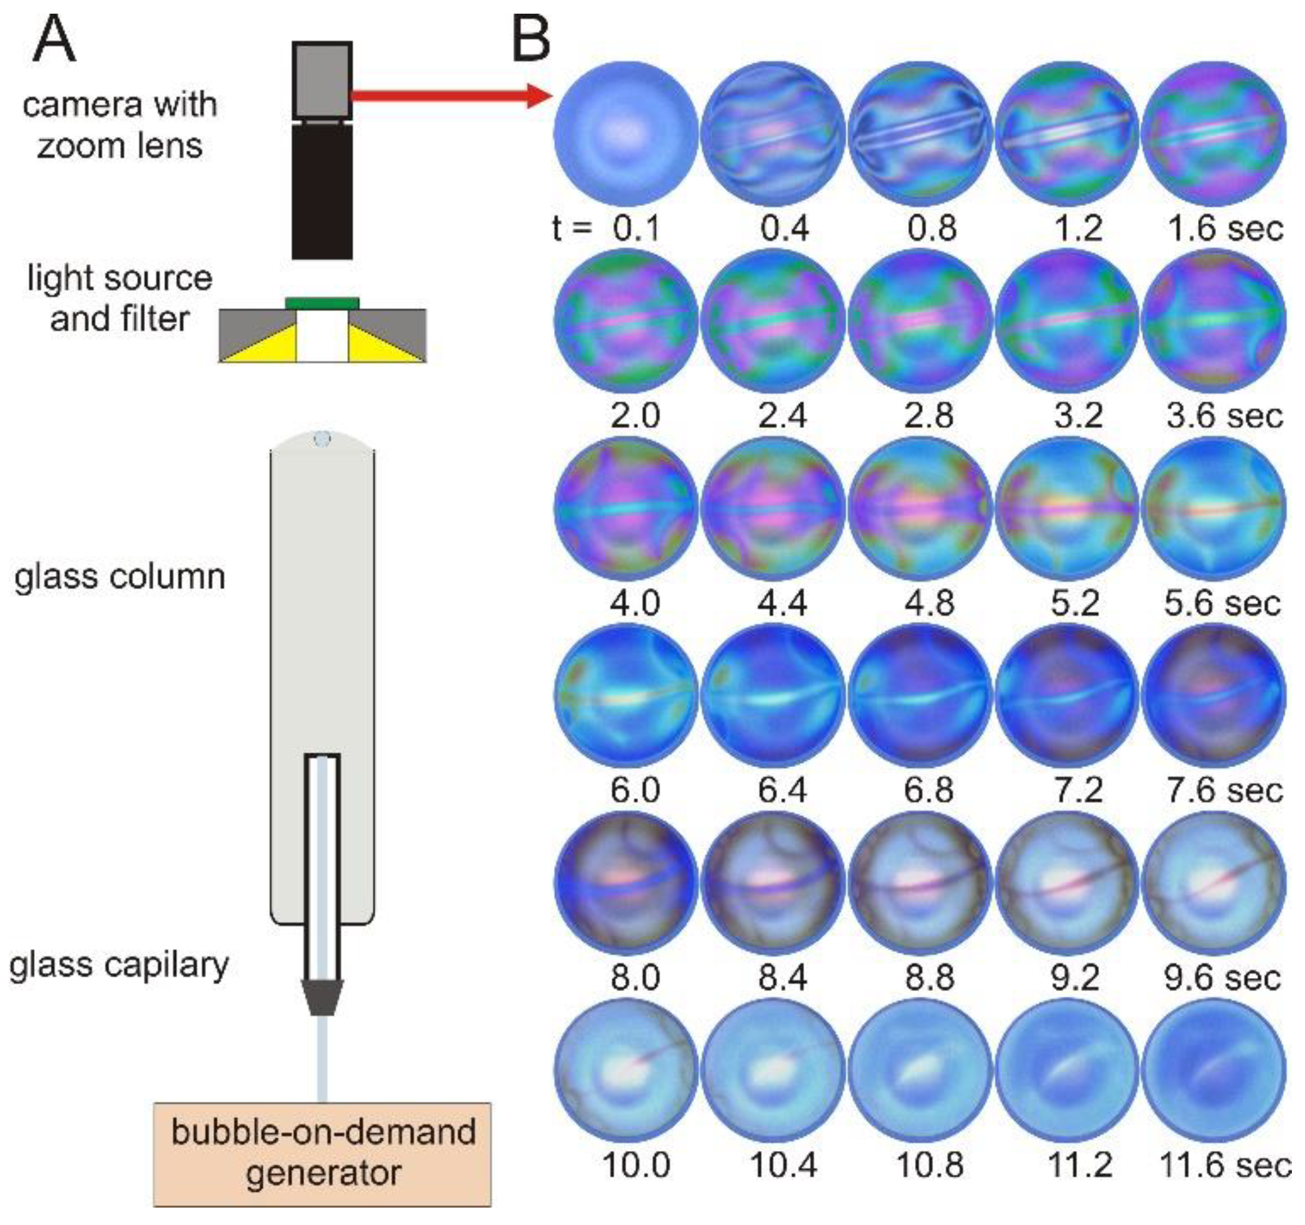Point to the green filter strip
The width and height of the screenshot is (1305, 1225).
(322, 302)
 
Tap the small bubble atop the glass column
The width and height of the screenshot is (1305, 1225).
(322, 438)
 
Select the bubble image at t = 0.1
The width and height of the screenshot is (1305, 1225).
(626, 134)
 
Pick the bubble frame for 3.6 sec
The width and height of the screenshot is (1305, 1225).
(1213, 322)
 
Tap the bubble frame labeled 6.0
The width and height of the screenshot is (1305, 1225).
(626, 696)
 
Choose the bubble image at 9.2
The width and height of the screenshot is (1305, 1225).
(1067, 883)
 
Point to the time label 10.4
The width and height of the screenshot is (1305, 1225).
(783, 1165)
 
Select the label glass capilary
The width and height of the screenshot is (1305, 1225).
(119, 966)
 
